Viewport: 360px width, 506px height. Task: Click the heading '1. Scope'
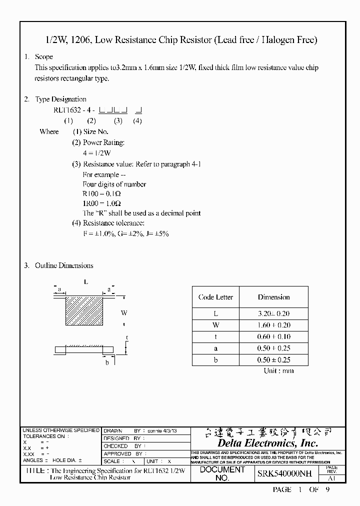point(39,57)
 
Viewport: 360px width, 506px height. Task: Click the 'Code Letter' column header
point(215,297)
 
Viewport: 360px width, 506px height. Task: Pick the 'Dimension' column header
point(273,297)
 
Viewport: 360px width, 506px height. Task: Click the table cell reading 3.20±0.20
point(273,313)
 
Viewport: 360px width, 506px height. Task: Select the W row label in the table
point(215,325)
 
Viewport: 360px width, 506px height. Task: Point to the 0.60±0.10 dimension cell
point(273,336)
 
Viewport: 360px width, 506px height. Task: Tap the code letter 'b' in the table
point(215,359)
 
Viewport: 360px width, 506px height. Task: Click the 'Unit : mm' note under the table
point(278,370)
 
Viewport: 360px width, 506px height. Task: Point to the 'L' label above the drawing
point(86,281)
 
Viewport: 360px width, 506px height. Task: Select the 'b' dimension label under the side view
point(107,362)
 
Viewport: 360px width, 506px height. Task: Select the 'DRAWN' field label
point(113,430)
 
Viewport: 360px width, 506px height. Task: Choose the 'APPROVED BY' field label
point(123,453)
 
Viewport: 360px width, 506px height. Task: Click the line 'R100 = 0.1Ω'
point(101,194)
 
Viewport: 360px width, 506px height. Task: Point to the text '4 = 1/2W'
point(96,153)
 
